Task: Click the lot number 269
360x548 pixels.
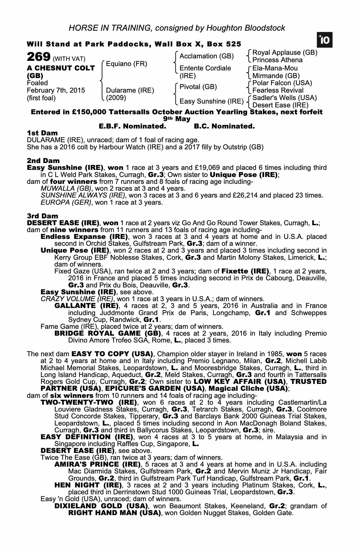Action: [39, 57]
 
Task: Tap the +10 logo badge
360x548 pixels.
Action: [324, 40]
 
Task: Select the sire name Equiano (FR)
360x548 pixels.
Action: [126, 64]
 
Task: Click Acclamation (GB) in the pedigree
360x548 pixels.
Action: [207, 56]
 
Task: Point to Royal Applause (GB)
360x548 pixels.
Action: [285, 53]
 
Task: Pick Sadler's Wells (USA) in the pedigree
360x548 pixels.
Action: [284, 98]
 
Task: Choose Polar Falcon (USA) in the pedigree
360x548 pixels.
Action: [282, 83]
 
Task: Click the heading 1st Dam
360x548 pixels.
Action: [42, 133]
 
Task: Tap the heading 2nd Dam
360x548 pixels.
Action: [43, 161]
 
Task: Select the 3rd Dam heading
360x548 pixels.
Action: [42, 216]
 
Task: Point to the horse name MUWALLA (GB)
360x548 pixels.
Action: [66, 189]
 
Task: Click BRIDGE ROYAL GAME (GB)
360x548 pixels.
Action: [108, 333]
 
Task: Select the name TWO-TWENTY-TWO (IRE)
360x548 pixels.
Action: [88, 403]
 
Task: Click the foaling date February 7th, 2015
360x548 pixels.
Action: [56, 90]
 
